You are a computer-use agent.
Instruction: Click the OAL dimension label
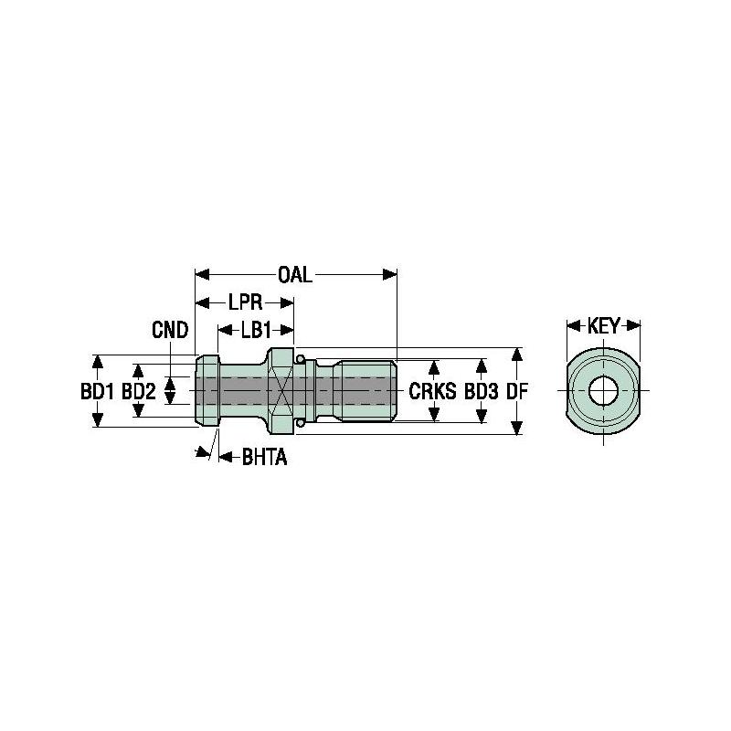(x=295, y=274)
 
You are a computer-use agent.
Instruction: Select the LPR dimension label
(x=244, y=302)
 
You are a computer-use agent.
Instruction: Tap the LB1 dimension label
(x=256, y=330)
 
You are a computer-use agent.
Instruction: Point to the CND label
(x=170, y=330)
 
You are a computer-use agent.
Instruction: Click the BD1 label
(x=97, y=392)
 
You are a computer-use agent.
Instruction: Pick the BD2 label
(x=139, y=392)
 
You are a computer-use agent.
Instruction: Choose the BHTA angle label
(x=264, y=457)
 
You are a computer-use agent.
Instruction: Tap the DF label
(x=518, y=392)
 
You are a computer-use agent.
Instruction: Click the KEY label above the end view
(x=603, y=325)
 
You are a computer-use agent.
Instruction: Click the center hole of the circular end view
(x=602, y=392)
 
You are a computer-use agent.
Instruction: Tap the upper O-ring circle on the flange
(x=300, y=356)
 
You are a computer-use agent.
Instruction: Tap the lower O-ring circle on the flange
(x=300, y=425)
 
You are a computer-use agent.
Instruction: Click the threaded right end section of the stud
(x=364, y=391)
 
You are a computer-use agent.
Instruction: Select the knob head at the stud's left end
(x=207, y=391)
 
